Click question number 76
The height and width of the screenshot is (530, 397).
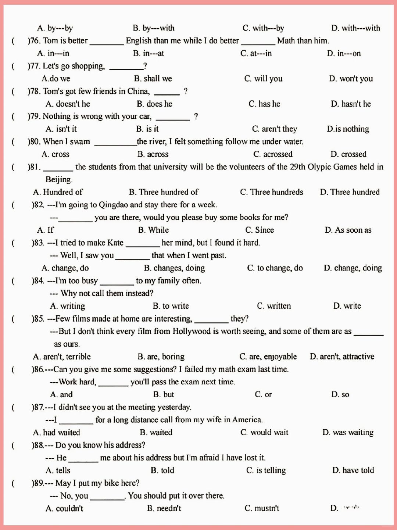point(34,40)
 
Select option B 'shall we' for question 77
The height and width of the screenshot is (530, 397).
point(153,79)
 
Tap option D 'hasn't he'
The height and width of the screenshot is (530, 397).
point(351,104)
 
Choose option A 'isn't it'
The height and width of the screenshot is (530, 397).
point(61,129)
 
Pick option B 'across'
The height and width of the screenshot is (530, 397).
point(153,154)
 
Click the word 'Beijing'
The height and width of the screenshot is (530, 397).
point(59,179)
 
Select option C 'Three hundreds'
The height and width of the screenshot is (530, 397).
point(272,192)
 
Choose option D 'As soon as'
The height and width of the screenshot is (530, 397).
point(348,230)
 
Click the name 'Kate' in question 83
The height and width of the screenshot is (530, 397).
point(115,243)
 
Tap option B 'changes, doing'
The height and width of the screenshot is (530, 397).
point(174,268)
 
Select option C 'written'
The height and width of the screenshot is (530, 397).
point(274,306)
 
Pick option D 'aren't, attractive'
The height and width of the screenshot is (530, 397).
point(342,357)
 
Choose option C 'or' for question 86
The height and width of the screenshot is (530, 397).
point(263,394)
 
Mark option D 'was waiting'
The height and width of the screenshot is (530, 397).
point(348,433)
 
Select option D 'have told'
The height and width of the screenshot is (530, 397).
point(353,470)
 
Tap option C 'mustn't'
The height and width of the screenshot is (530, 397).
point(262,508)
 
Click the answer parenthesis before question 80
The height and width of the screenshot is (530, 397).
point(13,142)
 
